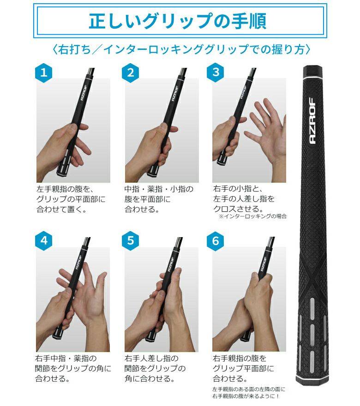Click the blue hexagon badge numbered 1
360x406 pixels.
[44, 73]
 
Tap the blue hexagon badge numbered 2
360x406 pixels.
[131, 73]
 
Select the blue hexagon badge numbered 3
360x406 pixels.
[216, 72]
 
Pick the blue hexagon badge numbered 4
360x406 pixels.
[44, 241]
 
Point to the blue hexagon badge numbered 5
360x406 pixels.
[131, 241]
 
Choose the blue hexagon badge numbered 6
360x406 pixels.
[216, 241]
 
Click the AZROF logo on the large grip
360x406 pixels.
[312, 121]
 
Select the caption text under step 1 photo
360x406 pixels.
[71, 199]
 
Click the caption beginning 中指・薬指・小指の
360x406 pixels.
[159, 199]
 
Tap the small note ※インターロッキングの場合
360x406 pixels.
[252, 216]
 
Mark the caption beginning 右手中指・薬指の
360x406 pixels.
[73, 369]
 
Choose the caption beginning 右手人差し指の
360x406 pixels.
[155, 369]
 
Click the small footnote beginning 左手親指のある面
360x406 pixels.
[249, 393]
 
